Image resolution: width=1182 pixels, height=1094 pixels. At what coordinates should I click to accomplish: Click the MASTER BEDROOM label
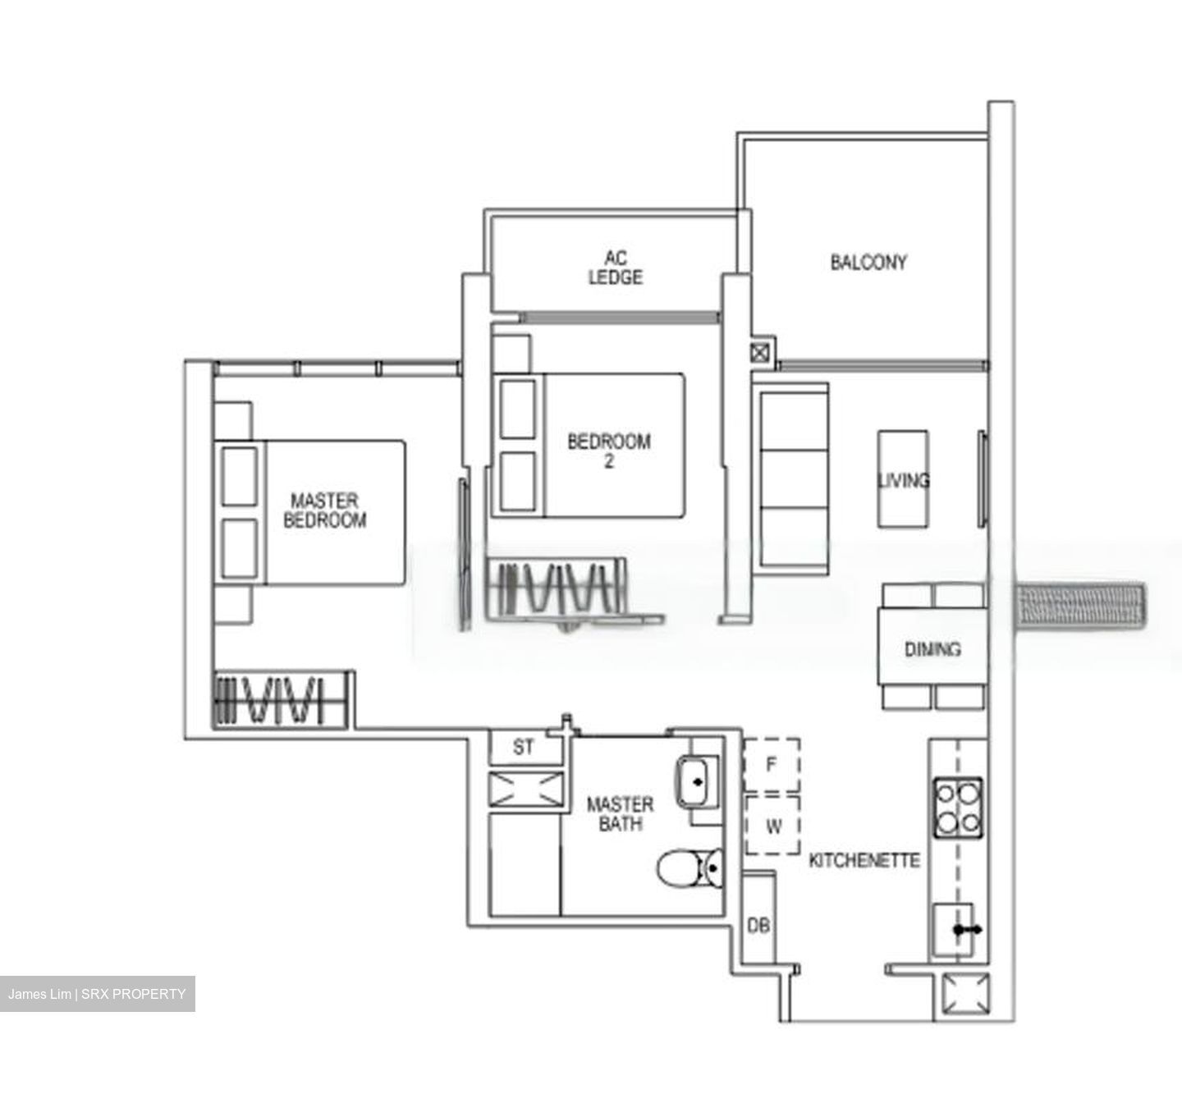pyautogui.click(x=325, y=510)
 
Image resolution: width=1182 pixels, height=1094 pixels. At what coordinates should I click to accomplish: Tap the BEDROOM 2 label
pyautogui.click(x=608, y=451)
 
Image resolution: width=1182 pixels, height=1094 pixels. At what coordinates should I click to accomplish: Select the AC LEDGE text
pyautogui.click(x=615, y=268)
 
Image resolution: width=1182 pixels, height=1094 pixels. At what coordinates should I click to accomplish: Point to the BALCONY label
pyautogui.click(x=868, y=263)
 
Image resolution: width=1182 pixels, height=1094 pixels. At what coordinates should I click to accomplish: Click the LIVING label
pyautogui.click(x=904, y=480)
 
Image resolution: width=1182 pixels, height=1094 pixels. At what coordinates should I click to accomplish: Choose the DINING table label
pyautogui.click(x=932, y=649)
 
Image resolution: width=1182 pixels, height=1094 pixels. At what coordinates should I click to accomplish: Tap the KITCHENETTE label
pyautogui.click(x=864, y=860)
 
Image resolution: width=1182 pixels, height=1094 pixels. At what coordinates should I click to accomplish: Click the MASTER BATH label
pyautogui.click(x=620, y=814)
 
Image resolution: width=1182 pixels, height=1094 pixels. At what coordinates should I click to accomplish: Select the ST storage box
pyautogui.click(x=524, y=747)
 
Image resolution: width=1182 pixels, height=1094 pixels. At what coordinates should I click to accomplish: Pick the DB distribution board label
pyautogui.click(x=758, y=925)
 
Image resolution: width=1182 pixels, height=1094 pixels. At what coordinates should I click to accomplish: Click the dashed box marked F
pyautogui.click(x=772, y=765)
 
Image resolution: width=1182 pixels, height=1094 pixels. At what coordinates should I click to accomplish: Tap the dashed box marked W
pyautogui.click(x=772, y=826)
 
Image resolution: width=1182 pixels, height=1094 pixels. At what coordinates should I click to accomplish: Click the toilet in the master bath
pyautogui.click(x=689, y=869)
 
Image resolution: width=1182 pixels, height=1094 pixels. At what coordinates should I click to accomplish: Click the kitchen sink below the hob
pyautogui.click(x=954, y=929)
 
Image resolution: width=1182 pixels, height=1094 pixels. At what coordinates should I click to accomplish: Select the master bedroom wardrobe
pyautogui.click(x=280, y=699)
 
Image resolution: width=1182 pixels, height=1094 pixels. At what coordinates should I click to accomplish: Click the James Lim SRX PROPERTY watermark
pyautogui.click(x=97, y=994)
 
